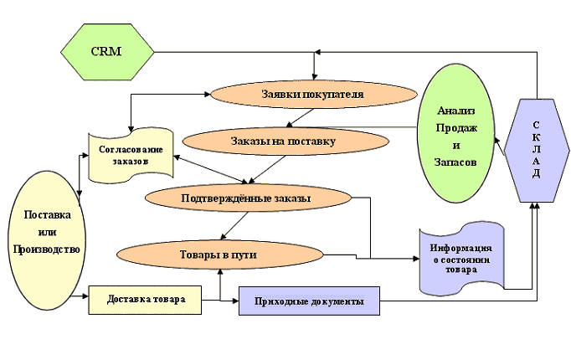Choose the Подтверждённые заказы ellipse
[245, 198]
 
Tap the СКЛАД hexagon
[535, 150]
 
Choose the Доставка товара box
[145, 299]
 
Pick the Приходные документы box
[309, 301]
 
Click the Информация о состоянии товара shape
[460, 259]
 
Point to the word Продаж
[457, 126]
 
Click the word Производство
[47, 249]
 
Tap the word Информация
[460, 249]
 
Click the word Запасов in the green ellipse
[457, 161]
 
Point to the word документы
[337, 301]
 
